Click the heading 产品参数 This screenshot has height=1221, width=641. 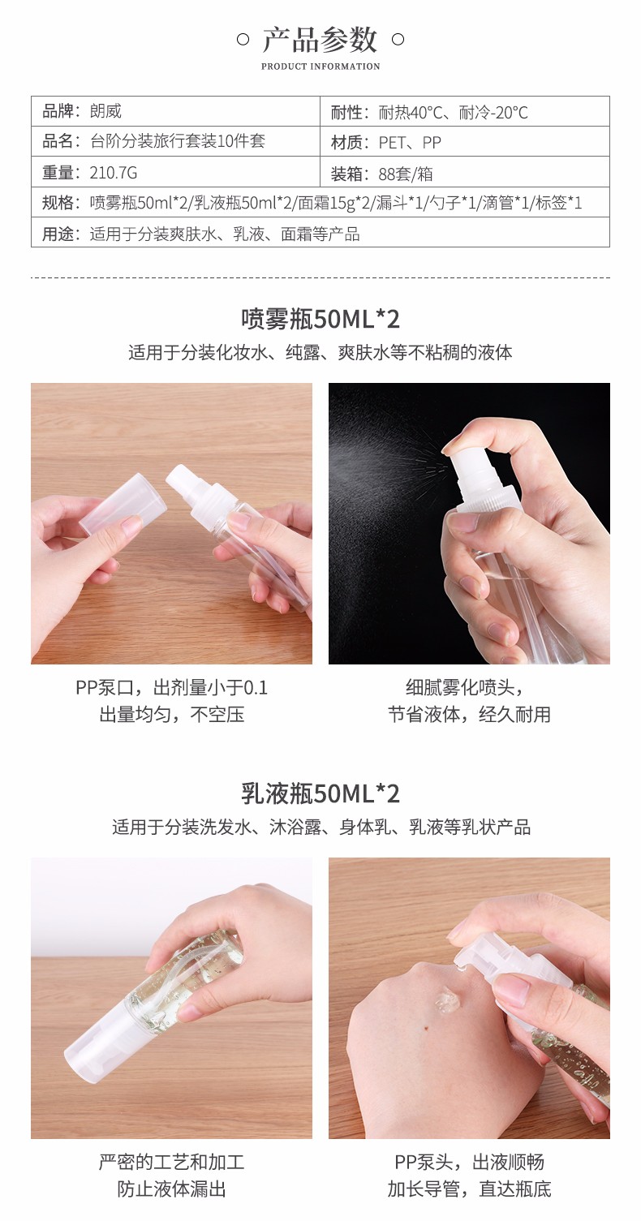[320, 40]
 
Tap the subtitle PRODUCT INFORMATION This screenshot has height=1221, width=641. [320, 67]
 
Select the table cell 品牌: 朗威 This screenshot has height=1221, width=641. [175, 111]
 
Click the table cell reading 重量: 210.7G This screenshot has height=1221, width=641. [175, 172]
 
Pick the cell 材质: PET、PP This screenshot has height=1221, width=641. [464, 142]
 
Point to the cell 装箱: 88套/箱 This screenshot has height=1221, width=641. [464, 172]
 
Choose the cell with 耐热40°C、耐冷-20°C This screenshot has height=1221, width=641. [464, 111]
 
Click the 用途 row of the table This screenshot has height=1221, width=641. [320, 233]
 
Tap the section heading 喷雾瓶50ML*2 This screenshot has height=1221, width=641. [320, 319]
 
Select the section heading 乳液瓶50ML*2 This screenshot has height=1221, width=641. [320, 793]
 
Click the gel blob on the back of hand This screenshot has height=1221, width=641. [447, 1000]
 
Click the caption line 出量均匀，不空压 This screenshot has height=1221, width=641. [172, 713]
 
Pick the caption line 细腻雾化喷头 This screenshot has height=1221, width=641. [464, 687]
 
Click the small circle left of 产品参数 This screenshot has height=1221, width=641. [243, 39]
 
